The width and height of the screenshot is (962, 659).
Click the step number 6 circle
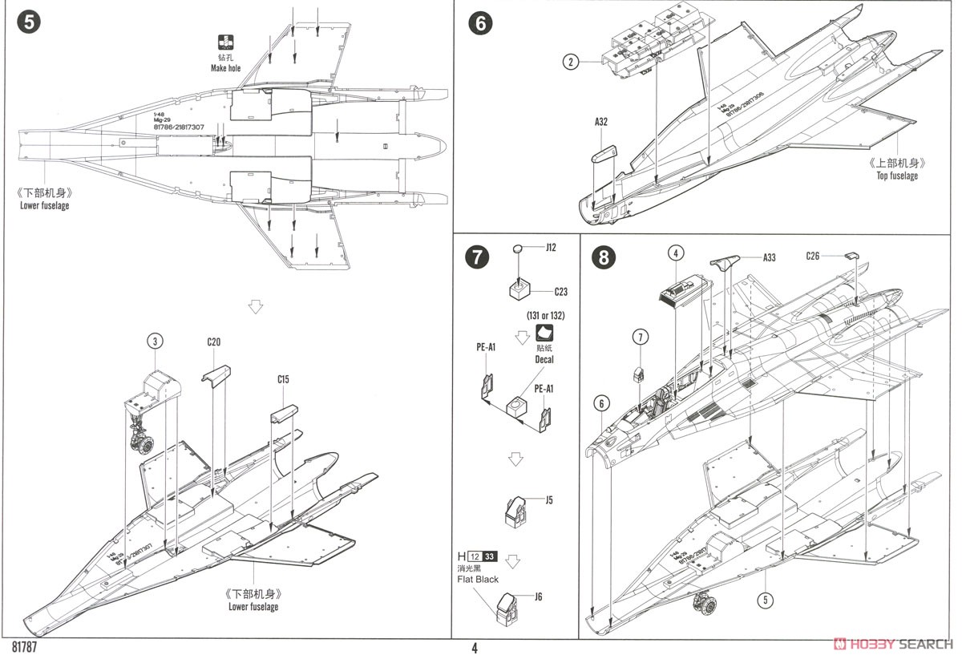pos(480,23)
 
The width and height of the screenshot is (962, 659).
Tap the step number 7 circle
pos(476,257)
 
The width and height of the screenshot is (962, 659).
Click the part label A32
pos(601,122)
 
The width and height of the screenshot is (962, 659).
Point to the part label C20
pos(213,342)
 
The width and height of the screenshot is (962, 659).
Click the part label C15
pos(283,379)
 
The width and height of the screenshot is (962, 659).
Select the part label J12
pos(550,248)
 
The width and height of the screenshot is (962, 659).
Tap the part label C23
pos(560,292)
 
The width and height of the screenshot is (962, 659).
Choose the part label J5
pos(548,500)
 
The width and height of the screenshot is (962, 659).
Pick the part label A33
pos(768,257)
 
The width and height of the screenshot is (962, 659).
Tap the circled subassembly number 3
pos(156,341)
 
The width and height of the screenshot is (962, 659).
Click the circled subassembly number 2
pos(570,61)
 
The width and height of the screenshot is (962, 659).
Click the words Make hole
pos(225,69)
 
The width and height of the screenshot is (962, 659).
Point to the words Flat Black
pos(478,579)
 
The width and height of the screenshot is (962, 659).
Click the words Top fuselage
pos(898,176)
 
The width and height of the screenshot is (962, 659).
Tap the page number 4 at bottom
pos(475,648)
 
